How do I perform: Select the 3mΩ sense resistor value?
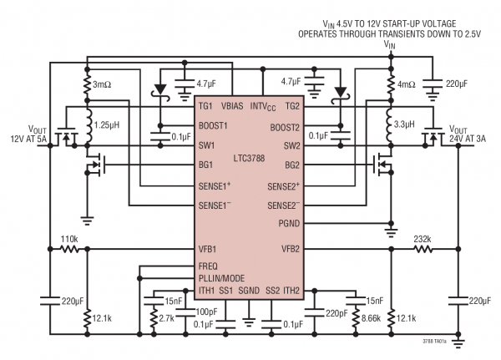pyautogui.click(x=104, y=85)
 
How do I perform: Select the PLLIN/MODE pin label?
pyautogui.click(x=226, y=276)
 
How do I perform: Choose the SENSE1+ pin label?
pyautogui.click(x=219, y=185)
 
